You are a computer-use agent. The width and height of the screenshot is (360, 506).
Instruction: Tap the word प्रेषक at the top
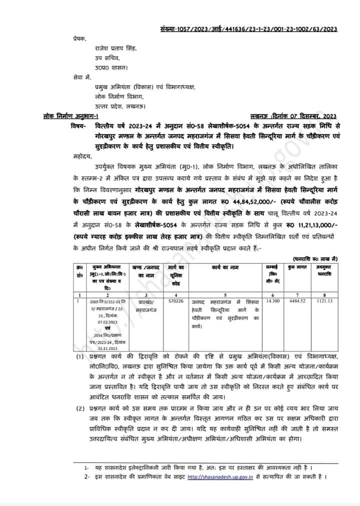(x=79, y=38)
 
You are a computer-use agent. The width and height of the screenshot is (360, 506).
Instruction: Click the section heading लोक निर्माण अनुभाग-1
(x=71, y=116)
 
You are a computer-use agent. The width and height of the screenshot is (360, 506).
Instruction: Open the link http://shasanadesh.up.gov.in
(x=220, y=477)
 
